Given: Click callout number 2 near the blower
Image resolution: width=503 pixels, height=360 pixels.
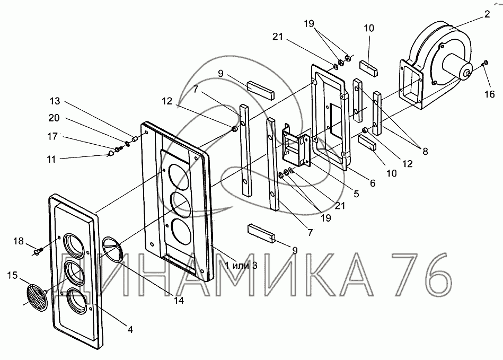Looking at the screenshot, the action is coord(487,14).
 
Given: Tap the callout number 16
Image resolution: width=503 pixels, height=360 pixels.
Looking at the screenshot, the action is coord(490,94).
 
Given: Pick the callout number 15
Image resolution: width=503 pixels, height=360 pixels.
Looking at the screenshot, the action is coord(13,275).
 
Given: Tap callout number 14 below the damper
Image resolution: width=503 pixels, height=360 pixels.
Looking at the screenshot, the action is coord(179,300).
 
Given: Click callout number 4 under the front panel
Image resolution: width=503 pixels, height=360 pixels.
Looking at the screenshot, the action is coord(130,329).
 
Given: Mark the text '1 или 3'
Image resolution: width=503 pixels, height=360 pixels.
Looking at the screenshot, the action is coord(241,265).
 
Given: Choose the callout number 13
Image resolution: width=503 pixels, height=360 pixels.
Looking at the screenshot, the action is coord(55,101).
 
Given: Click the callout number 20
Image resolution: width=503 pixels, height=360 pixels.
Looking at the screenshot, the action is coord(54,118).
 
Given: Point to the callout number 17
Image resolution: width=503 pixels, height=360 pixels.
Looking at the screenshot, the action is coord(52,137).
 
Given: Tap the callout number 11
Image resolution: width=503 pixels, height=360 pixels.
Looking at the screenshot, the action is coord(51,159).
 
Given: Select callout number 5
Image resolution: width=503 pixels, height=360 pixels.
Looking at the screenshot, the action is coord(356,194).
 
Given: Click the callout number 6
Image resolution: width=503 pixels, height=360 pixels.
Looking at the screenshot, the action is coord(373,183).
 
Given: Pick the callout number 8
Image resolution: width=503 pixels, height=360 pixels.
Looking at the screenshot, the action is coord(425,151).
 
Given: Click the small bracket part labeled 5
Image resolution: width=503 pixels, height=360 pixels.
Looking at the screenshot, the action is coord(296,146).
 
